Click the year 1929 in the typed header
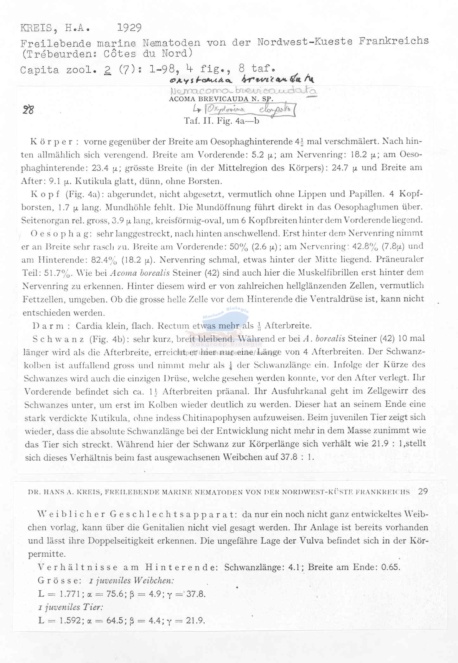point(129,28)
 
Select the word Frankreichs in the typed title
point(394,41)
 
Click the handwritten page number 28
point(28,110)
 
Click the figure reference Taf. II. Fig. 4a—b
point(221,121)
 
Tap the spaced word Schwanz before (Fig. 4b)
point(58,339)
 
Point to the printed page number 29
point(423,491)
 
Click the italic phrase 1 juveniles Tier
point(71,607)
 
